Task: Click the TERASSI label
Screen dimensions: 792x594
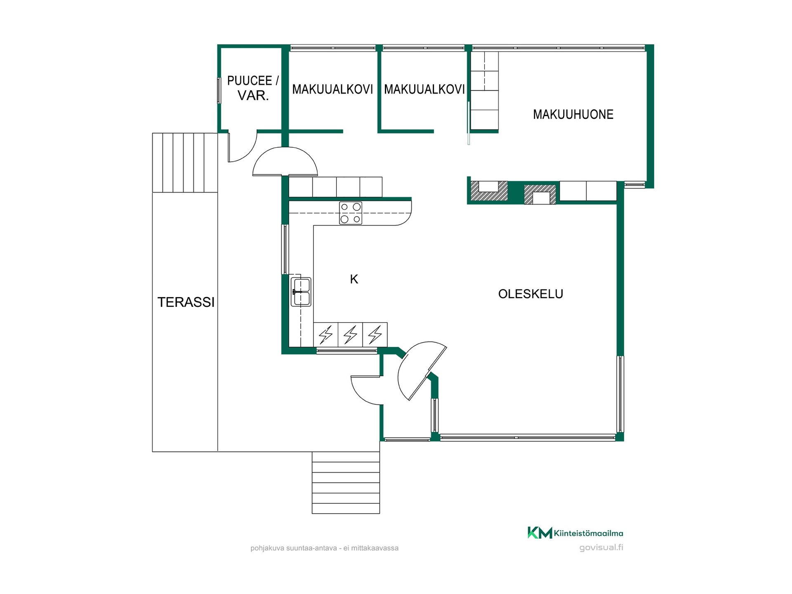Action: click(186, 302)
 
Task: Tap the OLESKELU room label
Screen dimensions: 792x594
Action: click(530, 294)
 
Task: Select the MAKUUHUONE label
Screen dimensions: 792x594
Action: click(573, 114)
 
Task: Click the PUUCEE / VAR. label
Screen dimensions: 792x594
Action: click(253, 88)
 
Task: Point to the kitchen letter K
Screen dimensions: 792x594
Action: click(354, 279)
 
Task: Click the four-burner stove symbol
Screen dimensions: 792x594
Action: click(351, 213)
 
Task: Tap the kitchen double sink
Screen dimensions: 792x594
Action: click(301, 292)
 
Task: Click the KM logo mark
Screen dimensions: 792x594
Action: click(540, 533)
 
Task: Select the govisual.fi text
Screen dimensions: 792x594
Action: click(601, 547)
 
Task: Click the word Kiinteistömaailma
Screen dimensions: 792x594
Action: click(589, 533)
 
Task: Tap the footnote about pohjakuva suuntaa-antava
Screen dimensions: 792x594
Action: click(324, 548)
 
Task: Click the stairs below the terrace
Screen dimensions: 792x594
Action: click(346, 483)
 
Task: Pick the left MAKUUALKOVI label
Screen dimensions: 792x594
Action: click(332, 89)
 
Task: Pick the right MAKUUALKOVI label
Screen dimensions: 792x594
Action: click(424, 89)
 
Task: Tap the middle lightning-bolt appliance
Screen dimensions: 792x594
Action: click(350, 335)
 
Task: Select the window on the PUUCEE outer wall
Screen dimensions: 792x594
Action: click(219, 90)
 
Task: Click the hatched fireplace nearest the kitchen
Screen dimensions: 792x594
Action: click(489, 191)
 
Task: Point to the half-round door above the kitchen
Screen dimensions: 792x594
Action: click(285, 161)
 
